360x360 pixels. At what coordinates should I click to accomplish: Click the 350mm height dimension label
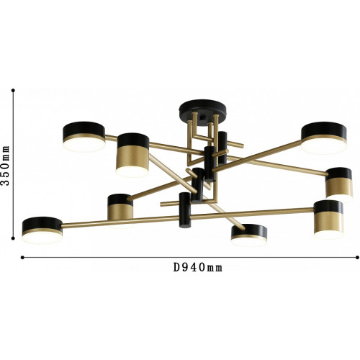pyautogui.click(x=5, y=165)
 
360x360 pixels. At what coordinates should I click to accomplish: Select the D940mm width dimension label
pyautogui.click(x=198, y=267)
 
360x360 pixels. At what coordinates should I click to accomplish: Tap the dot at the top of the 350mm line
pyautogui.click(x=13, y=91)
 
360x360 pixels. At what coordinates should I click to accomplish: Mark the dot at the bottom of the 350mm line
pyautogui.click(x=13, y=238)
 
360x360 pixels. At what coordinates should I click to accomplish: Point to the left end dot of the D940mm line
pyautogui.click(x=22, y=258)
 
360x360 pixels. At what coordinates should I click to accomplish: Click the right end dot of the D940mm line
pyautogui.click(x=356, y=258)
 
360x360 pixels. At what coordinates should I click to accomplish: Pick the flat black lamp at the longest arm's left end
pyautogui.click(x=42, y=230)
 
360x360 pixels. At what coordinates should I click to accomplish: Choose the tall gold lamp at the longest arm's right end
pyautogui.click(x=328, y=220)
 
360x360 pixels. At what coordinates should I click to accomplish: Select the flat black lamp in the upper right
pyautogui.click(x=324, y=138)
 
